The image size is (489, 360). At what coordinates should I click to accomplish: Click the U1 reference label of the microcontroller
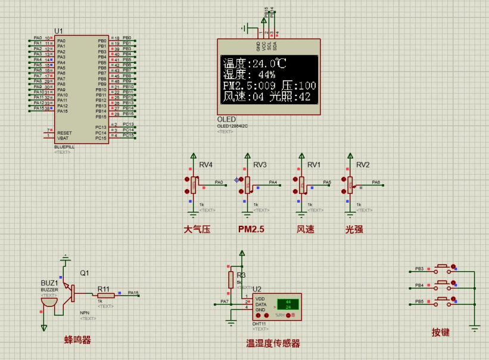coord(58,30)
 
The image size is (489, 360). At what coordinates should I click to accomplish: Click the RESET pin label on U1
coord(65,133)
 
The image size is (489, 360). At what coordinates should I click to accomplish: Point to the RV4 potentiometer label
coord(206,165)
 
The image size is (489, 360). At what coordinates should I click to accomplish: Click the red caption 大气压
coord(197,229)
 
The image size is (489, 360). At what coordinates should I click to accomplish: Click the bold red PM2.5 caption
coord(251,229)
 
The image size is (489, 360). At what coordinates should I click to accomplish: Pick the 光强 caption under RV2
coord(354,229)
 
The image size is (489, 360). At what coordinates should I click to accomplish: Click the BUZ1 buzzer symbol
coord(50,301)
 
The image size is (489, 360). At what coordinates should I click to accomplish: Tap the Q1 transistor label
coord(84,273)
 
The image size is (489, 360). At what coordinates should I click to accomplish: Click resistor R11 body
coord(105,295)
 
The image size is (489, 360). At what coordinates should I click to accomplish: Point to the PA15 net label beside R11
coord(133,293)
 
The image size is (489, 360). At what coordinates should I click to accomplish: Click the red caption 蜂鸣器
coord(77,340)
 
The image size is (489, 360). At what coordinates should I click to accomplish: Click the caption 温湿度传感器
coord(273,343)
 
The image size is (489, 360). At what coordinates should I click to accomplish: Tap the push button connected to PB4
coord(443,285)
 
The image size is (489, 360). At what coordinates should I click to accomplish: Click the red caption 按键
coord(441,332)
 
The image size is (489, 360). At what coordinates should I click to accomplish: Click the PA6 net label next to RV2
coord(376,182)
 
